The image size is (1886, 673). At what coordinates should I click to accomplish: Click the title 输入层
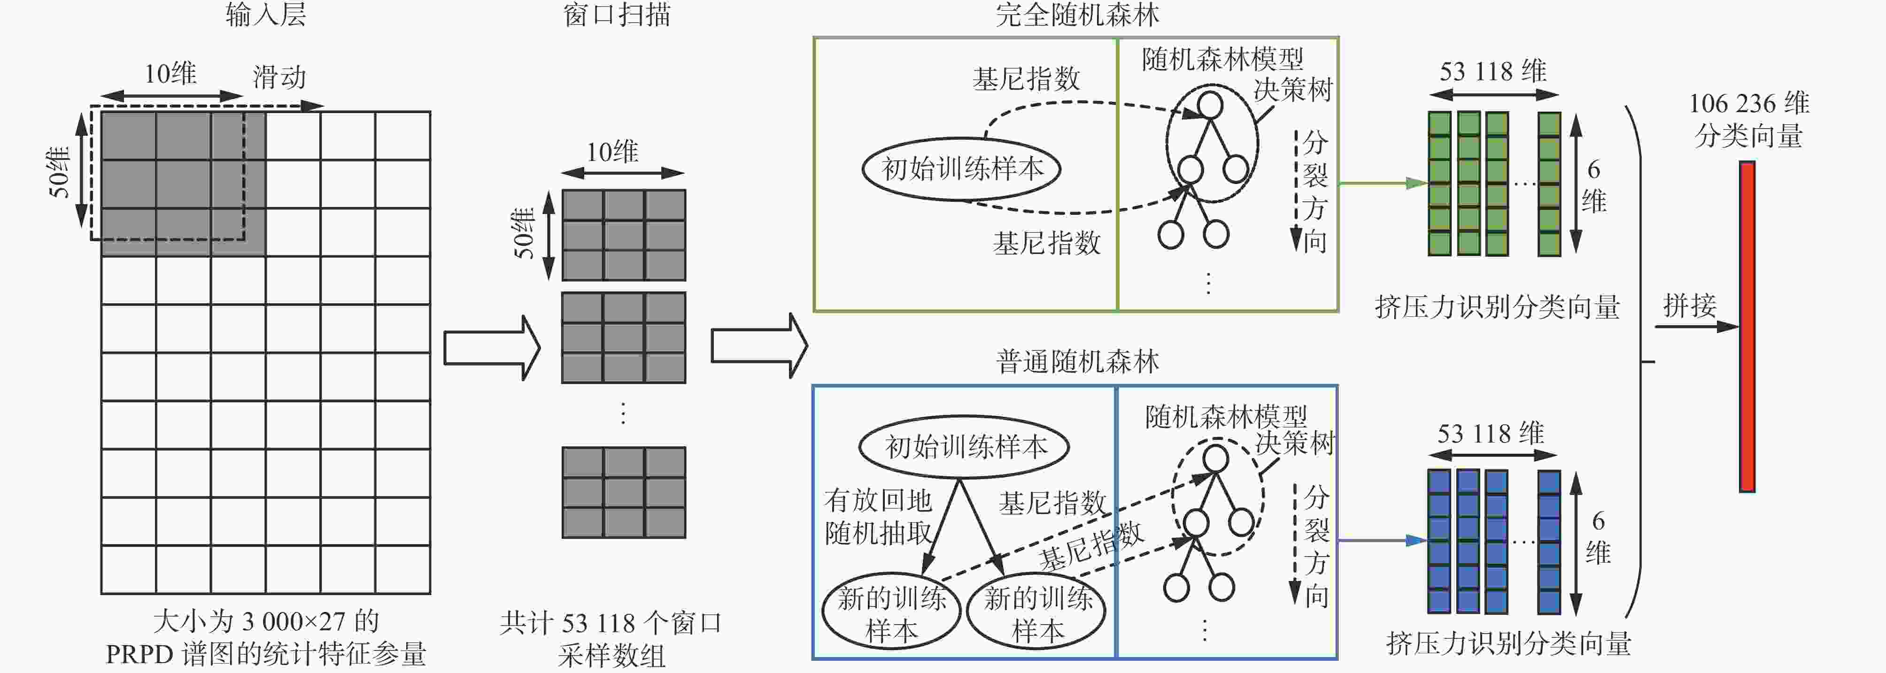coord(266,15)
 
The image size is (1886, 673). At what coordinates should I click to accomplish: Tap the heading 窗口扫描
coord(617,15)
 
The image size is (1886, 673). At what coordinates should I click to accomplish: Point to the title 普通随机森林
coord(1077,361)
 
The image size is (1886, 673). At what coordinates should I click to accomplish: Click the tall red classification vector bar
coord(1747,326)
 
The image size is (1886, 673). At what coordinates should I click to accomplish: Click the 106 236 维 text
coord(1749,103)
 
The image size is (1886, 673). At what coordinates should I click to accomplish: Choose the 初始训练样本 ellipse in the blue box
coord(964,446)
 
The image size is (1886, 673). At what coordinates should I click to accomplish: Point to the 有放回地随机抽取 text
coord(878,516)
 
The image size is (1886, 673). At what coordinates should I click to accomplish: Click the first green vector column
coord(1439,184)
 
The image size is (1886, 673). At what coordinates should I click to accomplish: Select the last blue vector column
coord(1549,541)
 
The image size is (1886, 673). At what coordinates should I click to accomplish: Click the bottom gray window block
coord(624,492)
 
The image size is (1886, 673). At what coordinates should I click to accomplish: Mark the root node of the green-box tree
coord(1210,105)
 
